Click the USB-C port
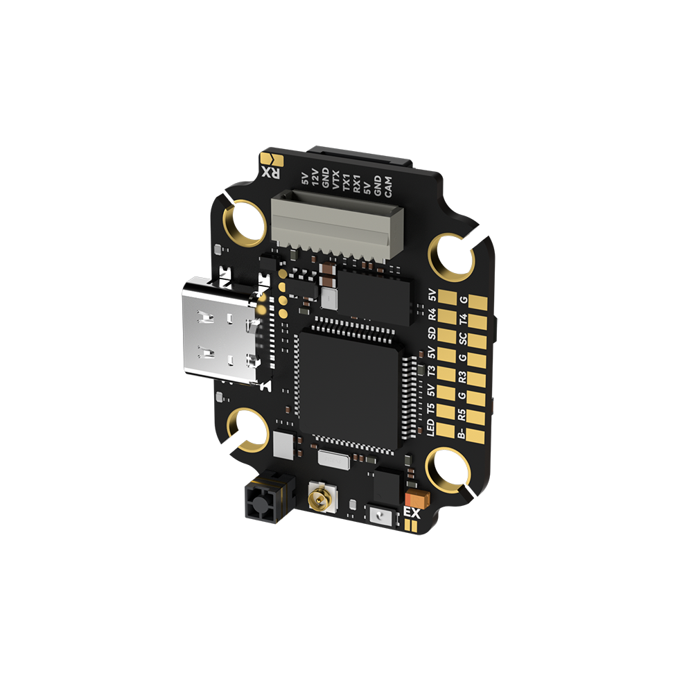click(x=221, y=331)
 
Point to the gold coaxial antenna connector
click(x=322, y=497)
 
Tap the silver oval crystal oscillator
click(x=334, y=461)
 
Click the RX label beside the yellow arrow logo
click(x=271, y=173)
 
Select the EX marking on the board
click(x=412, y=513)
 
